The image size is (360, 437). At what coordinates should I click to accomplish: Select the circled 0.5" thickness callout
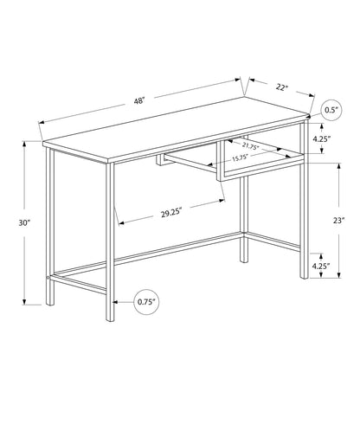(x=330, y=111)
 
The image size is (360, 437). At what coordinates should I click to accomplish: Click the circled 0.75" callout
(x=146, y=301)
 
